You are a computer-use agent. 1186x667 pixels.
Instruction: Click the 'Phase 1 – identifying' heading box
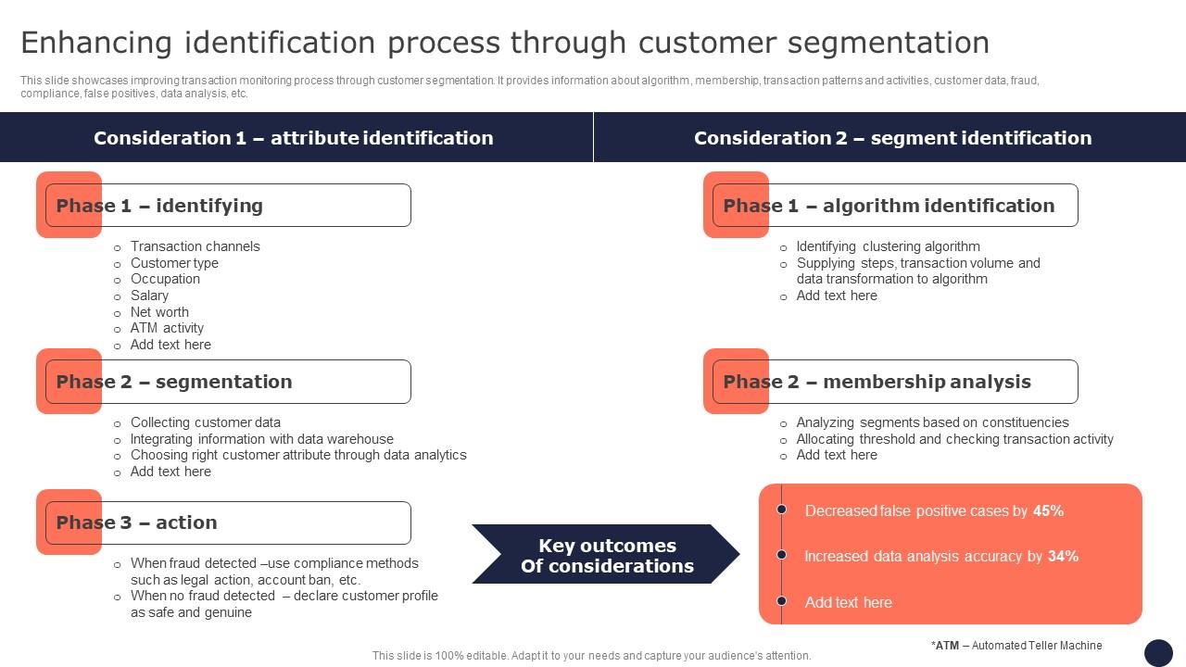[227, 206]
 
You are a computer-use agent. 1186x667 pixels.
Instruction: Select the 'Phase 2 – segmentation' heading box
[227, 382]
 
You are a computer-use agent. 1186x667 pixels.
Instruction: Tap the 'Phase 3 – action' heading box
[227, 522]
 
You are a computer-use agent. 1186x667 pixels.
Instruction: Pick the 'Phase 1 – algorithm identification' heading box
[894, 206]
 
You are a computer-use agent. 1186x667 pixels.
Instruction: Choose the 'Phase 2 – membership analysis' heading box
[894, 382]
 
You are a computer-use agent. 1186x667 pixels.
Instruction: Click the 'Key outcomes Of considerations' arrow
[606, 555]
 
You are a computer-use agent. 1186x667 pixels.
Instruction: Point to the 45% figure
[1048, 510]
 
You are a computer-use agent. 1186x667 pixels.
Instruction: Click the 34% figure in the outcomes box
[1063, 556]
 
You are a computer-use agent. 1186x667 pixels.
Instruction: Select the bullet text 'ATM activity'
[167, 328]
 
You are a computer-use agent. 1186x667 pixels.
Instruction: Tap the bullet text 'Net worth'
[159, 312]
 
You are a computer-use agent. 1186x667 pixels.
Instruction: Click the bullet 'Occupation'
[165, 279]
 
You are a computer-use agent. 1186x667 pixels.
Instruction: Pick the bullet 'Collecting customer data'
[205, 422]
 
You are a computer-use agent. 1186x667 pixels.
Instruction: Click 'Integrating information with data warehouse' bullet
[261, 439]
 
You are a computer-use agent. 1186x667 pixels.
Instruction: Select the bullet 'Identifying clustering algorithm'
[888, 246]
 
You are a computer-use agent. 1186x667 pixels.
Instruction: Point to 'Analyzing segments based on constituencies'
[932, 422]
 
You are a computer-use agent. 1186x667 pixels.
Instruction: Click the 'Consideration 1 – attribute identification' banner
[294, 138]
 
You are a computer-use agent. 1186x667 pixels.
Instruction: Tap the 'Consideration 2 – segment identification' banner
[892, 138]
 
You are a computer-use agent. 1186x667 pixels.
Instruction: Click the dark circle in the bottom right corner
[1158, 652]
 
